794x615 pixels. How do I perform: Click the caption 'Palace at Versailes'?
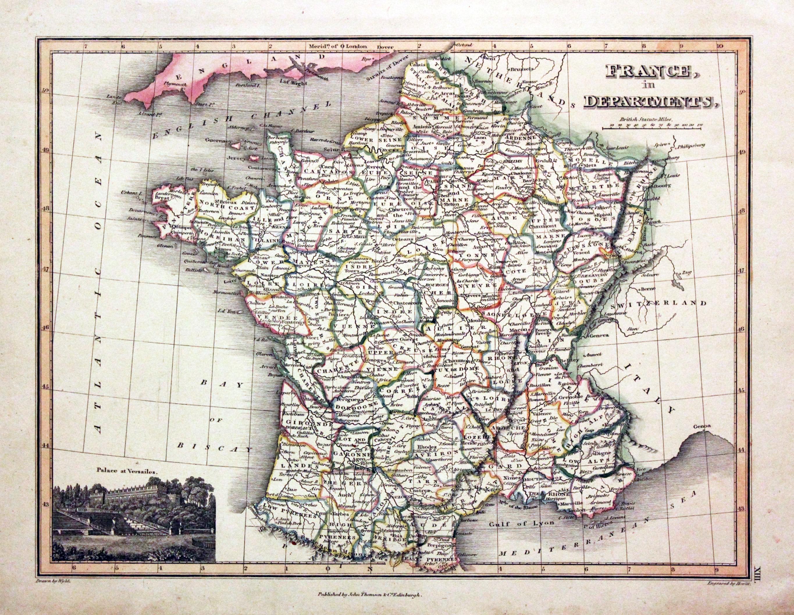click(128, 470)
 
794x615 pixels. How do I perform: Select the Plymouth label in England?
click(175, 83)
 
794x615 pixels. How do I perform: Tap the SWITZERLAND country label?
click(659, 303)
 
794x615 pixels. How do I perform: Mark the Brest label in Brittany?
click(162, 198)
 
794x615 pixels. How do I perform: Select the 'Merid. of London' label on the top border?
click(336, 47)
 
